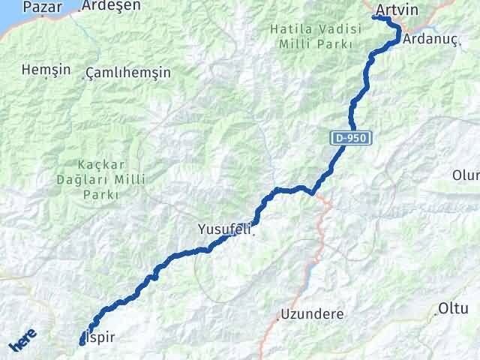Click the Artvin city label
[x=397, y=10]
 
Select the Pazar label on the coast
[x=42, y=7]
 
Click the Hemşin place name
[x=46, y=70]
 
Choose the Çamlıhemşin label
[x=128, y=73]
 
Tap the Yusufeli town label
[x=223, y=229]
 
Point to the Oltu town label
[x=454, y=309]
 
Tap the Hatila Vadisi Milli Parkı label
[x=313, y=37]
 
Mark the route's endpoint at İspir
[x=82, y=343]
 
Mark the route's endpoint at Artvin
[x=374, y=16]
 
